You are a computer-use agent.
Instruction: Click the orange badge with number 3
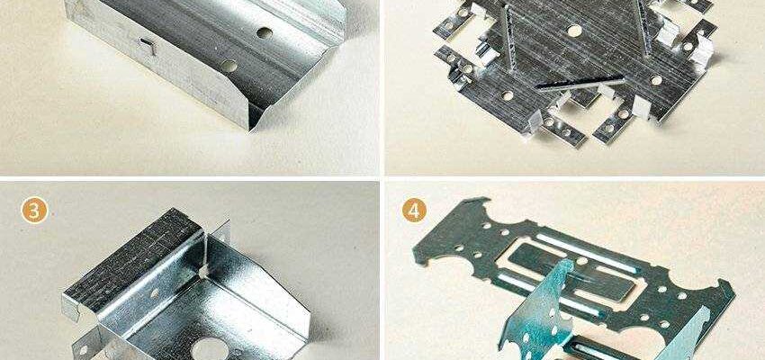[x=34, y=211]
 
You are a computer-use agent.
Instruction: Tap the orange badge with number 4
[x=414, y=211]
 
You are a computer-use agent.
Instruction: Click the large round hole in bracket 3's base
[x=211, y=349]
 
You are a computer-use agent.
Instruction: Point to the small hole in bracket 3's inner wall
[x=154, y=292]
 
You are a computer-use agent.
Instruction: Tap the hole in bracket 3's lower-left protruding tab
[x=82, y=349]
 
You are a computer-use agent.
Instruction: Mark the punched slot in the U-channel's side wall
[x=148, y=45]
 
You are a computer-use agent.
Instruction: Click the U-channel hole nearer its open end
[x=229, y=66]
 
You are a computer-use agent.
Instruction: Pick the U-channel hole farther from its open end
[x=265, y=33]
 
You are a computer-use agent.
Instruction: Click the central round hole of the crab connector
[x=575, y=31]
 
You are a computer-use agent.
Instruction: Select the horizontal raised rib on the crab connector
[x=580, y=83]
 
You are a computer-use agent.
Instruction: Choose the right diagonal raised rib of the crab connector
[x=643, y=27]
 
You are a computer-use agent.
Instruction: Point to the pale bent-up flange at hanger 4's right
[x=683, y=337]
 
